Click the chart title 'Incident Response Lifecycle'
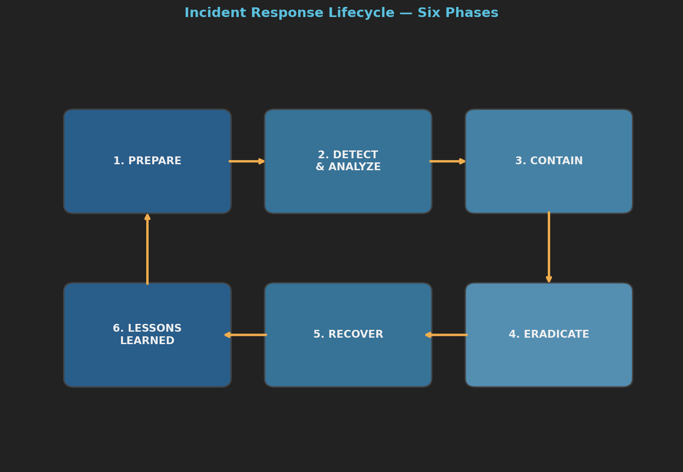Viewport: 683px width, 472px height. tap(341, 13)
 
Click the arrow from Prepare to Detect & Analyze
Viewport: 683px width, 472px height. tap(247, 161)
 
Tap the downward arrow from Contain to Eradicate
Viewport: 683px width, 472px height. tap(549, 248)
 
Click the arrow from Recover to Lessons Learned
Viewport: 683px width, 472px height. tap(246, 335)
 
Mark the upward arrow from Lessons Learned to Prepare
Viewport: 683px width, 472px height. tap(147, 248)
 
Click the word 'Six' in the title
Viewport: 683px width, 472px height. tap(428, 13)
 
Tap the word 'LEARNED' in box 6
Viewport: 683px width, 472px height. tap(147, 341)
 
